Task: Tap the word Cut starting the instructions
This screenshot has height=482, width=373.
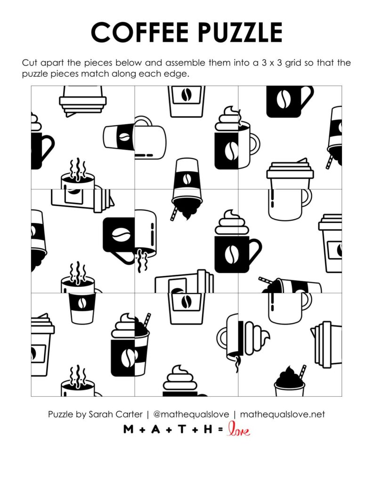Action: [29, 63]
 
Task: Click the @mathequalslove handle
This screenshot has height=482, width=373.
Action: [192, 415]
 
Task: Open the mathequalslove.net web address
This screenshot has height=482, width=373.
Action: [283, 415]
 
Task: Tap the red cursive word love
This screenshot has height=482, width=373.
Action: [238, 429]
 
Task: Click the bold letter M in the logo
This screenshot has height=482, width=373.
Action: [128, 429]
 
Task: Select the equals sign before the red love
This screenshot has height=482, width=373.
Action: [220, 429]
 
